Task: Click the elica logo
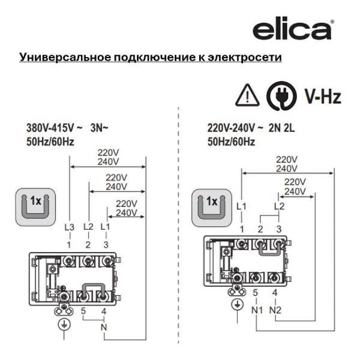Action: (292, 30)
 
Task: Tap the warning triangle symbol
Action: (247, 95)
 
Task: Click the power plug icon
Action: (281, 96)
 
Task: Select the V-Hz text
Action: (323, 96)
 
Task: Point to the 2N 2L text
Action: (281, 128)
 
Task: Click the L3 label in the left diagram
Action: (70, 227)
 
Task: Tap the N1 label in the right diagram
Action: (257, 310)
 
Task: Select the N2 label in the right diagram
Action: (275, 310)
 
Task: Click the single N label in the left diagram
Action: (104, 327)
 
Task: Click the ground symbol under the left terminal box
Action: (64, 325)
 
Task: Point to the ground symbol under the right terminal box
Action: (238, 305)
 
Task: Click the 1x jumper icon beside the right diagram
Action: (212, 208)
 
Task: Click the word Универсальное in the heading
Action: (65, 57)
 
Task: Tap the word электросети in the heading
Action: (245, 57)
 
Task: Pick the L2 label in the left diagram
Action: (88, 227)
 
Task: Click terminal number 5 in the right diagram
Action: (256, 293)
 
